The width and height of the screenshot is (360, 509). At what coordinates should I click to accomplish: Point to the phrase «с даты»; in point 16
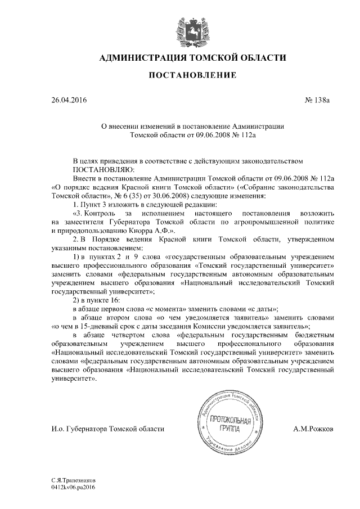click(263, 308)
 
